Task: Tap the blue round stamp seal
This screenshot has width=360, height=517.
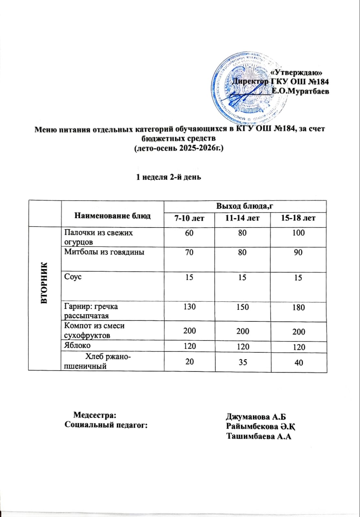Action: [249, 89]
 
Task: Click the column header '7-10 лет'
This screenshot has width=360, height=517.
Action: [189, 218]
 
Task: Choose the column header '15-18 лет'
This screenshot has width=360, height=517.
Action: [298, 218]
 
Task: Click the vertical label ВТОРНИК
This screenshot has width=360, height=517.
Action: [45, 283]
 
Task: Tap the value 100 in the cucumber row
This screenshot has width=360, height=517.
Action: [298, 233]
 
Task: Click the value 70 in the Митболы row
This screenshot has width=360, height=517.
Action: [189, 252]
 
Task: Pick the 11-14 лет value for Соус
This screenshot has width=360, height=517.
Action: [242, 277]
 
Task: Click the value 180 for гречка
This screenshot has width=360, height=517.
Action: [298, 307]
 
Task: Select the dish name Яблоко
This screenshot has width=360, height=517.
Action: [78, 345]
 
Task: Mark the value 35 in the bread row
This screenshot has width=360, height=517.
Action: [243, 362]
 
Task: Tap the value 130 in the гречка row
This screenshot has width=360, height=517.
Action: [189, 307]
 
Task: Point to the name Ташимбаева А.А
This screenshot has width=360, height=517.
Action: [259, 437]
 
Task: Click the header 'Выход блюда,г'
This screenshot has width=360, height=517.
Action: [245, 206]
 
